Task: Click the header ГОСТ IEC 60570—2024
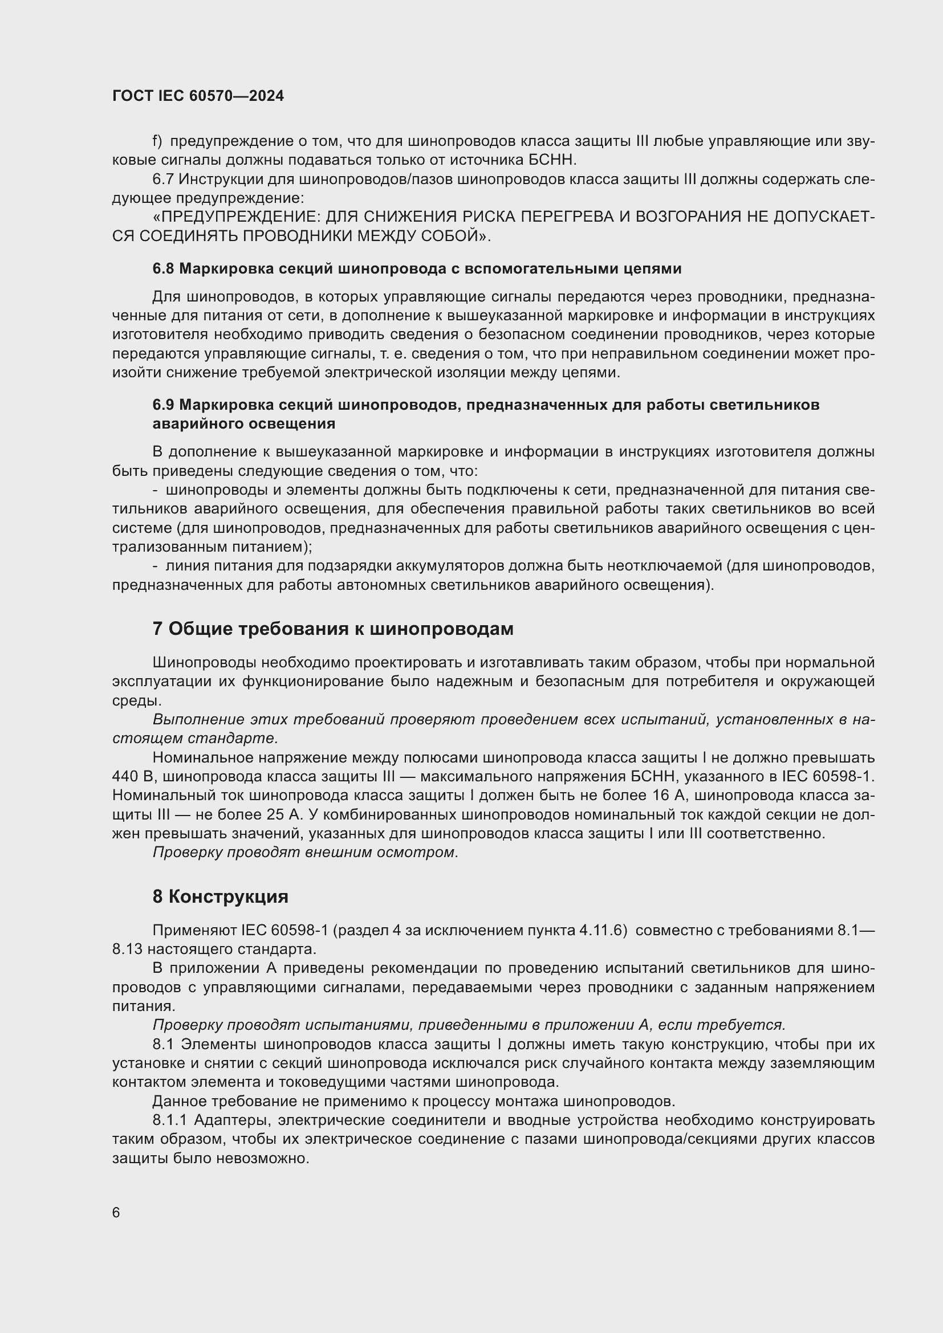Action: [x=198, y=96]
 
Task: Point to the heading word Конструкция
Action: [x=228, y=897]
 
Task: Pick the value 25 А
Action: [x=286, y=815]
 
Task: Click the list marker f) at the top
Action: [x=157, y=141]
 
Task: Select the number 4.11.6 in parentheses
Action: [x=603, y=931]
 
